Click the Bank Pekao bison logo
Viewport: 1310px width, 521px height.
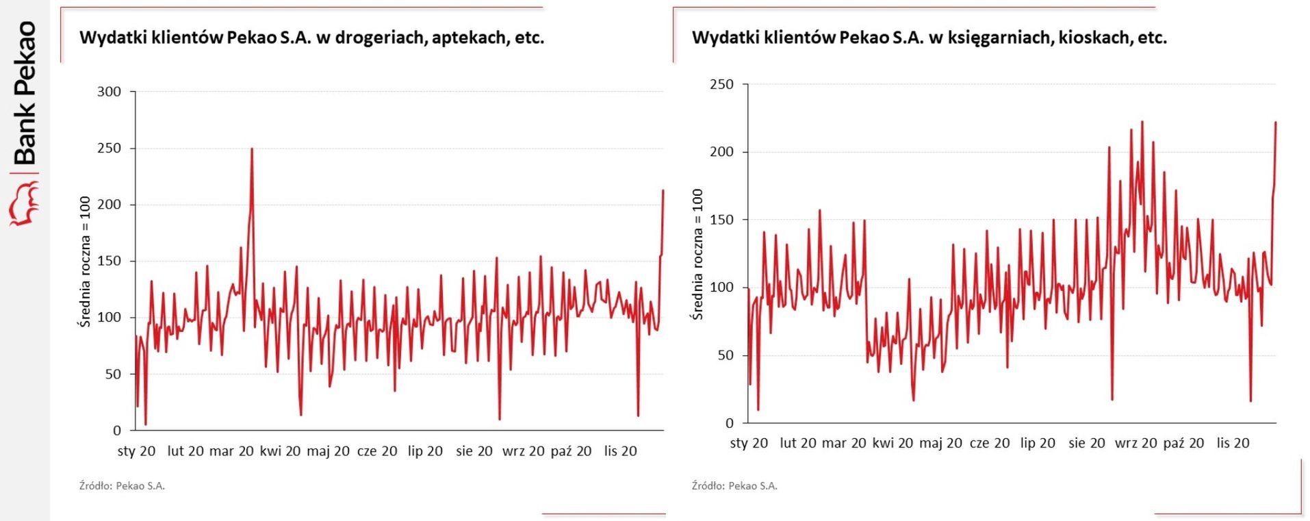[x=24, y=203]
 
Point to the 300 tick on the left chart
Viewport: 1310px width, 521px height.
[x=109, y=92]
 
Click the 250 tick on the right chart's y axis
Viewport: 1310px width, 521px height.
[x=721, y=84]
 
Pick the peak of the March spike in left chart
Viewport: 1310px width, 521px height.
[x=252, y=149]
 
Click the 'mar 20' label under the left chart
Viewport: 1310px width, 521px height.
[x=231, y=451]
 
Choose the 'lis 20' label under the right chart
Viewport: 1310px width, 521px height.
[x=1233, y=443]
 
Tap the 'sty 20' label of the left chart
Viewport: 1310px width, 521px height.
[x=136, y=451]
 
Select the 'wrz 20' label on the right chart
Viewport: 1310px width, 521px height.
[x=1135, y=443]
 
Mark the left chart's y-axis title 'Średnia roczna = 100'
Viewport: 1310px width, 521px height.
[x=85, y=262]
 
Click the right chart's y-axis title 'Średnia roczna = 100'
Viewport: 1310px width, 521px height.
[x=697, y=254]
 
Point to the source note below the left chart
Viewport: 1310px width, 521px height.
[x=122, y=486]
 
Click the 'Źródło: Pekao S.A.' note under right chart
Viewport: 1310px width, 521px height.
[x=734, y=486]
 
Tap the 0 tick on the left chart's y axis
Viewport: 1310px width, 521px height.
[x=116, y=431]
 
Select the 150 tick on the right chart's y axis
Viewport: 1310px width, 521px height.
[x=721, y=220]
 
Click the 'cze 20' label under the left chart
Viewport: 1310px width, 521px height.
[x=377, y=451]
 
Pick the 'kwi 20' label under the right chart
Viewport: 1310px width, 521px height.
[x=892, y=443]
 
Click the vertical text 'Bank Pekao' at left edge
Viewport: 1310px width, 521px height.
[x=25, y=93]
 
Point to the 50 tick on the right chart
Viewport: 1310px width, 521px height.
[x=725, y=355]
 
